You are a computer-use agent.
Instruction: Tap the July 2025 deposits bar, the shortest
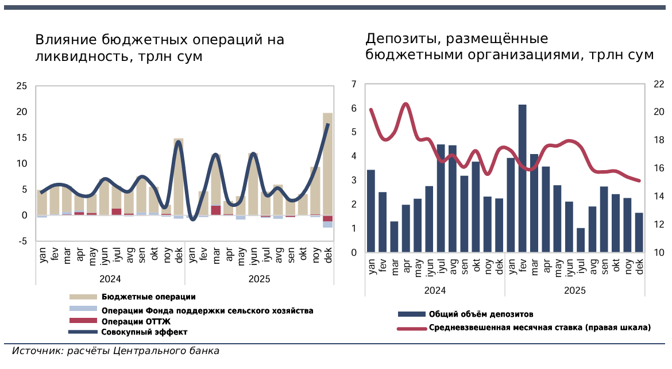point(581,240)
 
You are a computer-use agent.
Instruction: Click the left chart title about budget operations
point(160,48)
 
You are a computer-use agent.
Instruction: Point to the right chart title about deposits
point(509,47)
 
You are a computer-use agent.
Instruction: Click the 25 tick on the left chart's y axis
point(22,86)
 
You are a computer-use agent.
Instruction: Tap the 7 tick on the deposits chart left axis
point(354,84)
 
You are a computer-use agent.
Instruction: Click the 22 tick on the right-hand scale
point(659,84)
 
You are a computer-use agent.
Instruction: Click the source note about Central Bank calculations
point(115,351)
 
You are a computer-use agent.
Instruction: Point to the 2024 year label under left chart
point(110,279)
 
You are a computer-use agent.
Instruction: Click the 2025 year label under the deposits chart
point(574,290)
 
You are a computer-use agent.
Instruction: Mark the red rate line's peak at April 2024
point(405,104)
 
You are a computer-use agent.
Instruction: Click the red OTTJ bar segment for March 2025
point(216,210)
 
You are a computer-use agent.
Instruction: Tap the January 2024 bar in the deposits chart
point(371,211)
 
